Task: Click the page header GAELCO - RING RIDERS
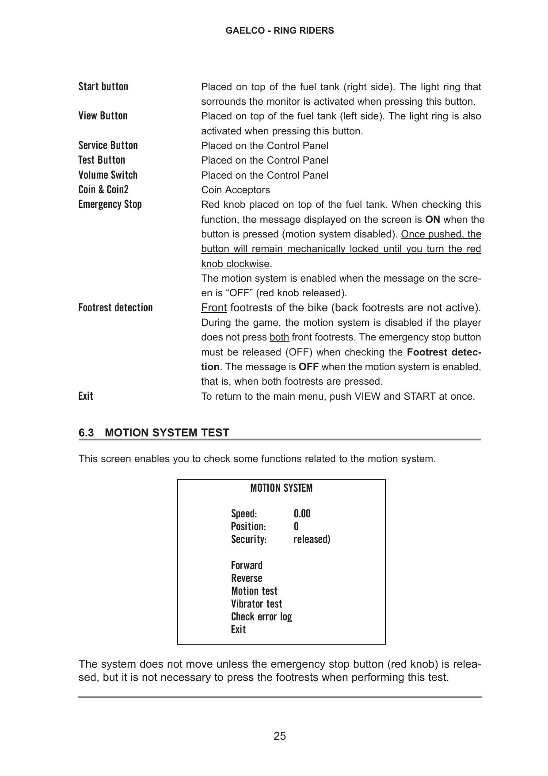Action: tap(279, 31)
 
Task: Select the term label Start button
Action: tap(103, 87)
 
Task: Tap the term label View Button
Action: tap(103, 116)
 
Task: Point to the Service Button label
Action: tap(108, 145)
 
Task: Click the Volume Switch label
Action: tap(108, 175)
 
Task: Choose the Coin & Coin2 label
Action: tap(103, 190)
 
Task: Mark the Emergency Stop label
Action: tap(110, 204)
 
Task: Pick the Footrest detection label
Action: tap(115, 308)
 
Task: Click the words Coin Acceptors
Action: tap(236, 190)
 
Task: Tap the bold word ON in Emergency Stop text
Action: tap(433, 220)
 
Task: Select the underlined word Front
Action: tap(214, 308)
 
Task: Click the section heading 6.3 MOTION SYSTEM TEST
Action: tap(154, 432)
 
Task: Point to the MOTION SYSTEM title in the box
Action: tap(281, 488)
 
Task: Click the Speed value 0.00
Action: tap(302, 514)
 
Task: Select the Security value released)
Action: tap(312, 539)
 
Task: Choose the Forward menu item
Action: tap(247, 566)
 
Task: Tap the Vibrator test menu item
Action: tap(256, 604)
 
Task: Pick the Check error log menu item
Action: tap(261, 617)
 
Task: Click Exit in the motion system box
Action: tap(238, 630)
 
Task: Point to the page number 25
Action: tap(280, 736)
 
